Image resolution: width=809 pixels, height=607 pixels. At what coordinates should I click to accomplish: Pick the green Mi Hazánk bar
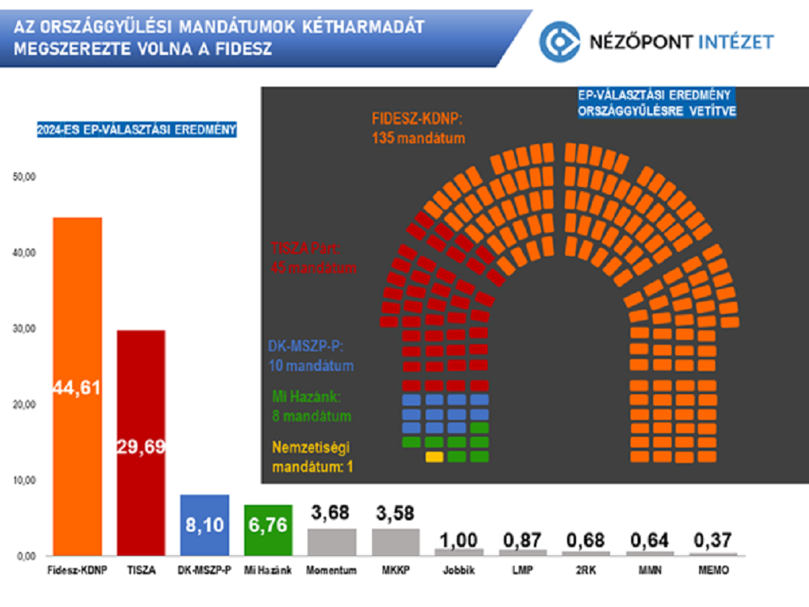coord(268,529)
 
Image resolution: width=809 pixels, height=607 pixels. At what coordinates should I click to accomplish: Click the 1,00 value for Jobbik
coord(459,538)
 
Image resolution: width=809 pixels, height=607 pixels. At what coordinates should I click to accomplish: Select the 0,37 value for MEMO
coord(713,540)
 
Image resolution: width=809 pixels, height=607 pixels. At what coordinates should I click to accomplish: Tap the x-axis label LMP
coord(523,571)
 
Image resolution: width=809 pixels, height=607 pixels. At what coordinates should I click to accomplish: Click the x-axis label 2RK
coord(586,571)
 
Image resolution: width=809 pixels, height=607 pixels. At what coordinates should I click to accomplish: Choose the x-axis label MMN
coord(650,571)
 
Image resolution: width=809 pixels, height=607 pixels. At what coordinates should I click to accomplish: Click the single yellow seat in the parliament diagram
coord(434,457)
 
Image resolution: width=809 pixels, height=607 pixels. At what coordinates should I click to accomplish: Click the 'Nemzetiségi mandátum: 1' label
coord(312,456)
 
